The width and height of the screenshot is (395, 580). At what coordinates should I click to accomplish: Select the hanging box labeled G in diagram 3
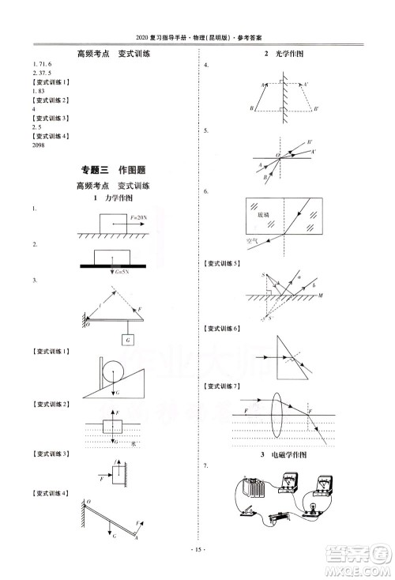pos(126,339)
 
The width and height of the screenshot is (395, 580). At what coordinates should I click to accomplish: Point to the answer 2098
pos(38,145)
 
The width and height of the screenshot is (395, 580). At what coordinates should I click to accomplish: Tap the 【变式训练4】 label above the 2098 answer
pos(48,137)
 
